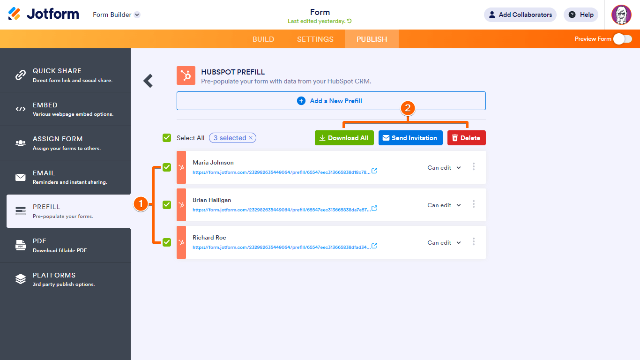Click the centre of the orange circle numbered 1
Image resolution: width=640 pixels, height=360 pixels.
[x=141, y=204]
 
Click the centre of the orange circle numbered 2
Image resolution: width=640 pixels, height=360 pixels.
[x=408, y=108]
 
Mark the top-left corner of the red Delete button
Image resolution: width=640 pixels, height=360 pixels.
[x=447, y=130]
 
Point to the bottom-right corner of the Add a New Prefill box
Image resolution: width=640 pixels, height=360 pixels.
[x=486, y=110]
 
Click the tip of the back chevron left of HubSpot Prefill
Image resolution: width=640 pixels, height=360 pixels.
[x=143, y=81]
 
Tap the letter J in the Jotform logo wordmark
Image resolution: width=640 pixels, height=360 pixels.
[x=31, y=14]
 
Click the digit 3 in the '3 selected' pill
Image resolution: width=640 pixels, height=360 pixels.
[x=216, y=138]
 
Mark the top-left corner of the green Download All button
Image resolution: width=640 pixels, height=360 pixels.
[x=315, y=130]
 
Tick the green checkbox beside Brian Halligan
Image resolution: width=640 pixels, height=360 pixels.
[x=167, y=205]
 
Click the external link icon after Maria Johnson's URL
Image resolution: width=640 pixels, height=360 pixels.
[x=374, y=171]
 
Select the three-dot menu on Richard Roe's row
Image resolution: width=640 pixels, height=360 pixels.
[x=473, y=241]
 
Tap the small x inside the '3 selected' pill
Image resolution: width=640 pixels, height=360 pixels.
[x=251, y=138]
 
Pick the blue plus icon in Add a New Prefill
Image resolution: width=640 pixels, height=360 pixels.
[x=301, y=101]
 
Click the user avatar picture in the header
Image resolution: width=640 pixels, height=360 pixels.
[x=621, y=15]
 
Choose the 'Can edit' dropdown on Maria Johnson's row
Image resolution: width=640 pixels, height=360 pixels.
[x=444, y=168]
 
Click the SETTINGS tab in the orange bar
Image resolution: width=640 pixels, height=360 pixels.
[x=315, y=39]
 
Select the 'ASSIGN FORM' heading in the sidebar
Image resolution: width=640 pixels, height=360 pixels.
[x=58, y=139]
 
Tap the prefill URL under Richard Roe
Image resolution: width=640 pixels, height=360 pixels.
[x=282, y=247]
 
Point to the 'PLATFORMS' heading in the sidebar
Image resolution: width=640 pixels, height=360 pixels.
[x=54, y=275]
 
